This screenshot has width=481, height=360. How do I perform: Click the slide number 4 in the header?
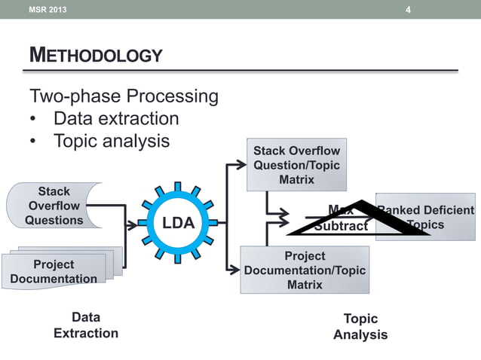point(408,10)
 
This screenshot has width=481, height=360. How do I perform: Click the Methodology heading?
point(95,55)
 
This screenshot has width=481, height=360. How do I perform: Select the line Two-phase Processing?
point(124,96)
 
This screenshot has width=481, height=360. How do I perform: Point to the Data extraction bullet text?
point(116,119)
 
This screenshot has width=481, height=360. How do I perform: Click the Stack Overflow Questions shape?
point(54,206)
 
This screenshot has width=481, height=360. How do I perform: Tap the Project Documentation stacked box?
point(54,271)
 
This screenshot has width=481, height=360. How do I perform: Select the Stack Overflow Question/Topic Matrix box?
point(297,165)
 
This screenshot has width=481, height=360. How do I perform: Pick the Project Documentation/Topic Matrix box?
point(305,270)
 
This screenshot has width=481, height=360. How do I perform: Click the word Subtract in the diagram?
point(341,226)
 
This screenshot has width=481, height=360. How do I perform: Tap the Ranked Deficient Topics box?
point(426,217)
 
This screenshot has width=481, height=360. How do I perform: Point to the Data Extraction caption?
point(86,325)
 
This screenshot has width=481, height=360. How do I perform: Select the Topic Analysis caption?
point(360,326)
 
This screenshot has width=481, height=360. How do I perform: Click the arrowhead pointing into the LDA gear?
point(133,224)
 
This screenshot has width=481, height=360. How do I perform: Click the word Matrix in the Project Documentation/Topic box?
point(305,285)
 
